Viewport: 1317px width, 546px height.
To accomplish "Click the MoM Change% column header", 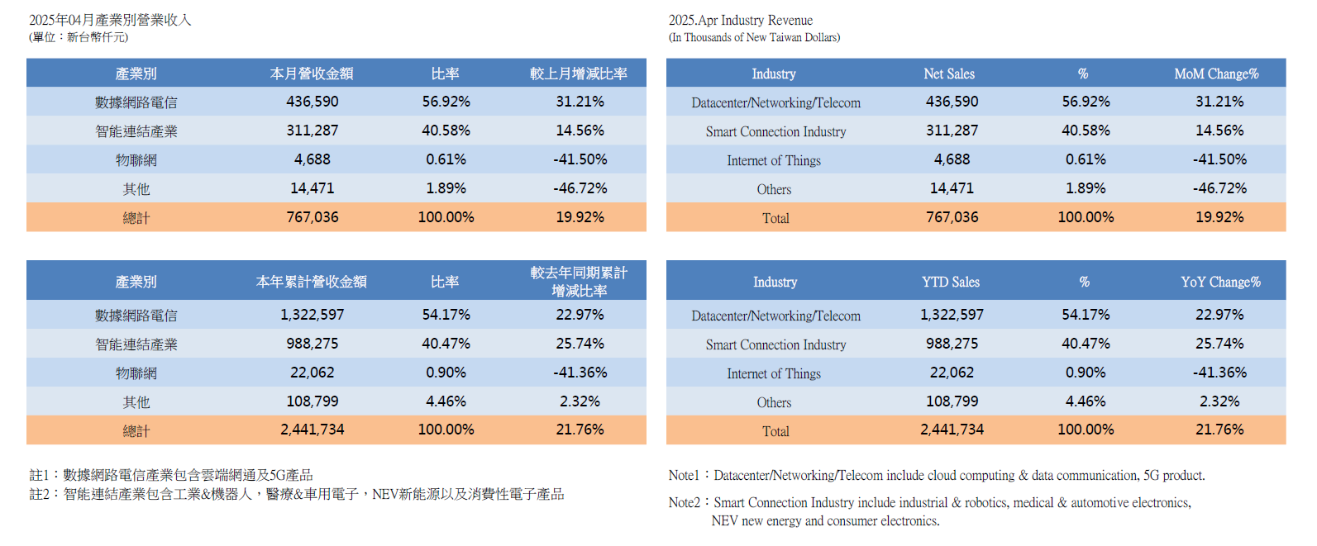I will click(x=1216, y=74).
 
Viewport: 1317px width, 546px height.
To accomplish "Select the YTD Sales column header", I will click(x=951, y=282).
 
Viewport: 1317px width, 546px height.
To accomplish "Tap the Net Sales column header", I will click(x=949, y=74).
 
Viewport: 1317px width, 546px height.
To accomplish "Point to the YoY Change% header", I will click(x=1220, y=282).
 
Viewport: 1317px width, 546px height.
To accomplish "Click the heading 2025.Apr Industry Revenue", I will click(x=740, y=20).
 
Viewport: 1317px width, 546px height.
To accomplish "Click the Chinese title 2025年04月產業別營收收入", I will click(x=110, y=20).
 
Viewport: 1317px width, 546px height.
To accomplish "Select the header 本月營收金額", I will click(x=312, y=74).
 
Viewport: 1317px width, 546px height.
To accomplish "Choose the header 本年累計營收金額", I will click(x=312, y=282).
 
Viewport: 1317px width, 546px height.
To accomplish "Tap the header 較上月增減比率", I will click(x=579, y=74).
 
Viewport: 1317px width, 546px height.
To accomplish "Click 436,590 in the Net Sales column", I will click(x=952, y=102).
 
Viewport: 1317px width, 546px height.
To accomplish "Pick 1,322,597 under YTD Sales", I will click(x=952, y=315).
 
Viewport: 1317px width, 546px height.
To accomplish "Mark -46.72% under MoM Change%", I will click(x=1219, y=188).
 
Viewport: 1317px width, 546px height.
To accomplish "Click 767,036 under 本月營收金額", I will click(x=313, y=217).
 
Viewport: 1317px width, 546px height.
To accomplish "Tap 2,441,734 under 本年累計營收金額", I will click(x=313, y=430).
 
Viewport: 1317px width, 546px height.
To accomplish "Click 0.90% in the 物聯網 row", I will click(x=446, y=373).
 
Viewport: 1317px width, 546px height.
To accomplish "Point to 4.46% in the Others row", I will click(x=1086, y=401).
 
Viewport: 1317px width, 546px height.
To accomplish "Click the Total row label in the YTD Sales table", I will click(x=775, y=430).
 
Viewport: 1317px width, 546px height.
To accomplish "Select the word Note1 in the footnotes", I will click(x=684, y=475).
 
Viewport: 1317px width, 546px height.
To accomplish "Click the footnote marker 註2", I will click(x=40, y=494).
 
